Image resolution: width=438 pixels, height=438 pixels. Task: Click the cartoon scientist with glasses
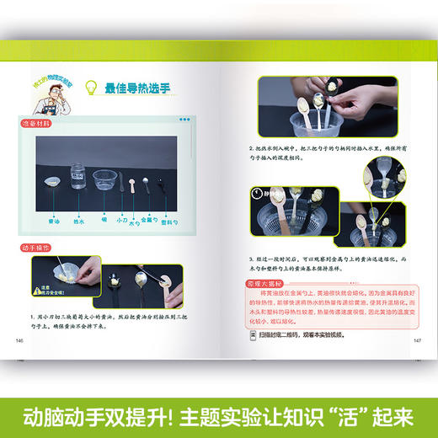[45, 99]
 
